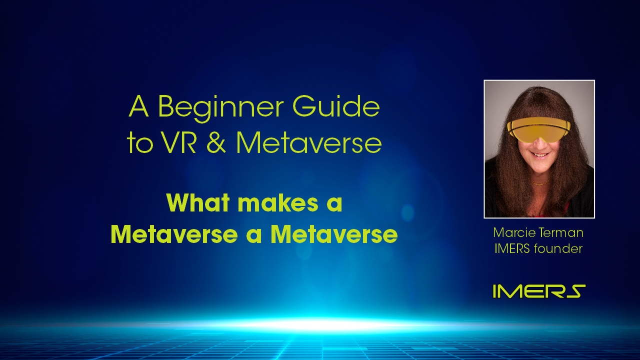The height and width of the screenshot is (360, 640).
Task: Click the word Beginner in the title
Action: [x=220, y=108]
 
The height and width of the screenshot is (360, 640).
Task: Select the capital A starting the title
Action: [x=139, y=106]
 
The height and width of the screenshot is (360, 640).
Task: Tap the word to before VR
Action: [x=139, y=143]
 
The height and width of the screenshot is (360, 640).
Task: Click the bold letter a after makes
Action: [x=335, y=205]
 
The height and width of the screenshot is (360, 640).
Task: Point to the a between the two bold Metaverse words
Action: [x=254, y=236]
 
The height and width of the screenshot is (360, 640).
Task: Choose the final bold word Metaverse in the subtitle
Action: [x=334, y=234]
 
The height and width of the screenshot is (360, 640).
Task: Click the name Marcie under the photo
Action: [x=510, y=232]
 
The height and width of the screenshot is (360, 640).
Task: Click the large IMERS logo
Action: [x=539, y=291]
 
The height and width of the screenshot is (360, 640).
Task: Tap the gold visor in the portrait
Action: [x=538, y=130]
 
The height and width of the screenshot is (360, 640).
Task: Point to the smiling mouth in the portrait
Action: [x=540, y=155]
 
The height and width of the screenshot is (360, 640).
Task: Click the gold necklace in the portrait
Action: [x=540, y=183]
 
